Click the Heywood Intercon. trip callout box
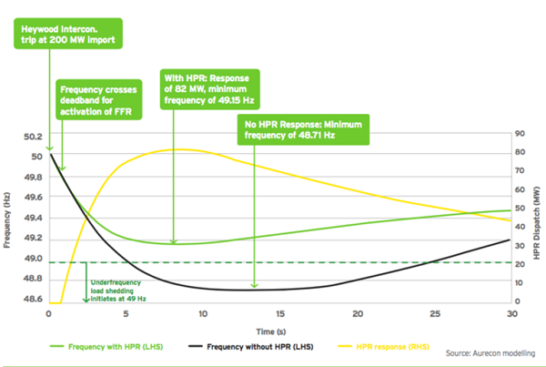[x=68, y=34]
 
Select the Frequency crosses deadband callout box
[x=99, y=99]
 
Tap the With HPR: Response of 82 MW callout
[x=210, y=89]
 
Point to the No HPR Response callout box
[x=303, y=129]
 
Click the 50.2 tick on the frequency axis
[x=33, y=137]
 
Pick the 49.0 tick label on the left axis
[x=33, y=259]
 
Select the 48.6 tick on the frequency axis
[x=33, y=299]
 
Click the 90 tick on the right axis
[x=520, y=134]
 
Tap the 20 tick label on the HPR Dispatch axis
[x=520, y=264]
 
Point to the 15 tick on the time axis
[x=280, y=314]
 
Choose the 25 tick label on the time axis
[x=435, y=314]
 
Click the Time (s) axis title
[x=271, y=331]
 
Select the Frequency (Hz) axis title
[x=6, y=219]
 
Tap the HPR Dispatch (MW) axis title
[x=537, y=223]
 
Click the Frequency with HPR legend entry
[x=106, y=347]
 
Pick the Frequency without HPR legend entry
[x=251, y=347]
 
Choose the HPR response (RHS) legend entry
[x=384, y=347]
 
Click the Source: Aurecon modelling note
[x=490, y=353]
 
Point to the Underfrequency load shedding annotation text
[x=118, y=291]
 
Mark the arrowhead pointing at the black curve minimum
[x=255, y=285]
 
